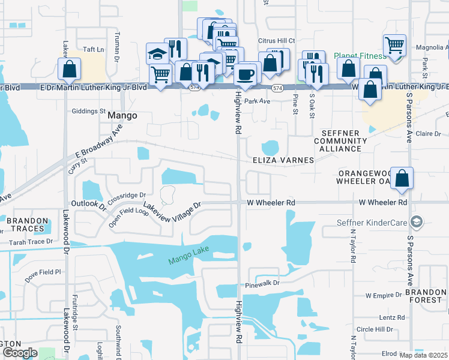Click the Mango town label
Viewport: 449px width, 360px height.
pos(122,115)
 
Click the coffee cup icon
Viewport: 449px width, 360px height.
pos(245,74)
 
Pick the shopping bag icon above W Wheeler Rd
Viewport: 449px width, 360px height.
pos(402,178)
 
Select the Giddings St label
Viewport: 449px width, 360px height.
pos(89,111)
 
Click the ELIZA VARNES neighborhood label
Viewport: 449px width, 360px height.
pos(283,160)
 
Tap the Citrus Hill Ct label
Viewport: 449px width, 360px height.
pos(276,40)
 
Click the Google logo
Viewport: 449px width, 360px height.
pos(20,352)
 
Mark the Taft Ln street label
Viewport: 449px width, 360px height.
pos(94,49)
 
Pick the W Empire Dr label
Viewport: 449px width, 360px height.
pos(384,295)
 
